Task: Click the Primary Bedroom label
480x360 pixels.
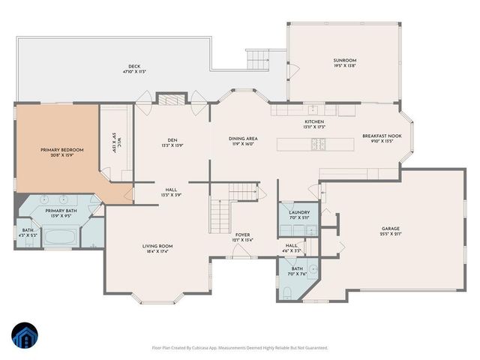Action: click(x=61, y=150)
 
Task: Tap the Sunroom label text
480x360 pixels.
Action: click(x=344, y=60)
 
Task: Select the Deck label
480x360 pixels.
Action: click(x=135, y=67)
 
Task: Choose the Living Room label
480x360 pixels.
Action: click(x=157, y=246)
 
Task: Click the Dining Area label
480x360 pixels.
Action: click(x=243, y=138)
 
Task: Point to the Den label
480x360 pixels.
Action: click(x=172, y=139)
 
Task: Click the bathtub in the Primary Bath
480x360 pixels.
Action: click(x=59, y=239)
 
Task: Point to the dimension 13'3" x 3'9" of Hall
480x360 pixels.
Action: click(x=171, y=194)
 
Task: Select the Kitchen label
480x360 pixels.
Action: click(x=313, y=121)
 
